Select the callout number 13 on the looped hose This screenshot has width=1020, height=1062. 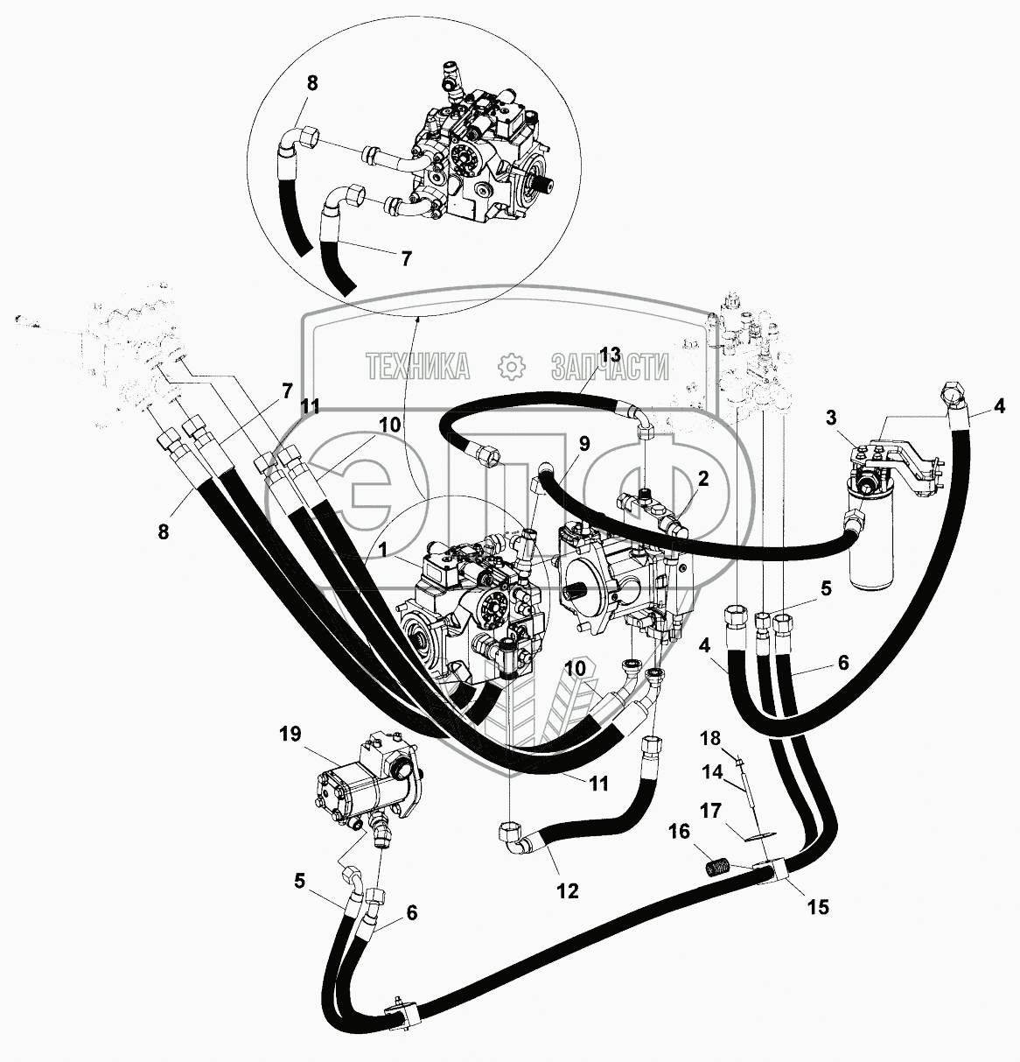[609, 355]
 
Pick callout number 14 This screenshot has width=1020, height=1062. [711, 773]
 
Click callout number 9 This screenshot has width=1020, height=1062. [583, 443]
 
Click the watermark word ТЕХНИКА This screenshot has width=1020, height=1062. [416, 366]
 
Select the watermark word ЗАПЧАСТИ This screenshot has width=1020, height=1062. [610, 367]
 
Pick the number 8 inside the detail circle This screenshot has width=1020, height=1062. [312, 84]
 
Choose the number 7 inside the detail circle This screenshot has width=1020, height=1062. [405, 259]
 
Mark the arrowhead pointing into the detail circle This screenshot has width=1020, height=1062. [417, 315]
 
